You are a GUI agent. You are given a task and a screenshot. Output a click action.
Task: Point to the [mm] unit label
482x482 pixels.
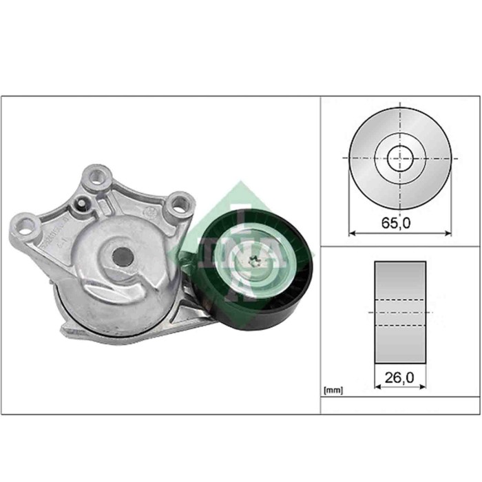point(333,390)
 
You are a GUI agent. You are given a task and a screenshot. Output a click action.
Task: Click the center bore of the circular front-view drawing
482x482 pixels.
point(400,159)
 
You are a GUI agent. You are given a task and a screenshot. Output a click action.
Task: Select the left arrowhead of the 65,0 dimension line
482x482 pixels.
point(353,233)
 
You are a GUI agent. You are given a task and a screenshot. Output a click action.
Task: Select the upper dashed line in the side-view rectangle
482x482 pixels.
point(400,299)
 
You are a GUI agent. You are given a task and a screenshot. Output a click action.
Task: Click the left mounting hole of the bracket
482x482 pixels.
point(28,224)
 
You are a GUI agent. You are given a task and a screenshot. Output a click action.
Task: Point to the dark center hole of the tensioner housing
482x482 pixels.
point(121,256)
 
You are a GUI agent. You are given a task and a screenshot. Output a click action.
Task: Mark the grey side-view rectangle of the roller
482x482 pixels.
point(400,311)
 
